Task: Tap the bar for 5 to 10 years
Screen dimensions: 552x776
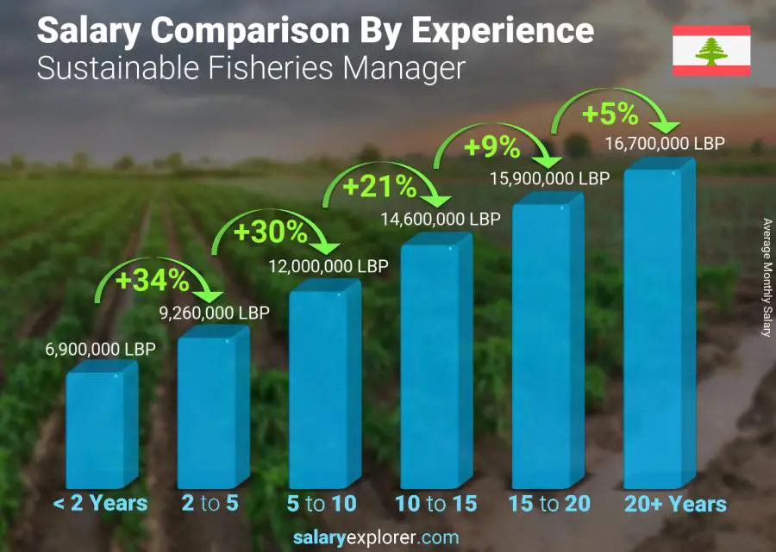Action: (x=323, y=388)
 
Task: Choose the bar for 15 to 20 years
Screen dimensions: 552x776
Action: (x=547, y=344)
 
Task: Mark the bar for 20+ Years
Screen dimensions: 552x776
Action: (x=658, y=327)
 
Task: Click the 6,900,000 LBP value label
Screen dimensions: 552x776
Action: (x=102, y=350)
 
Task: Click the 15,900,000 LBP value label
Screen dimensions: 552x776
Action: (x=550, y=178)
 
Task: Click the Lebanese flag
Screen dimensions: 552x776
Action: (x=711, y=51)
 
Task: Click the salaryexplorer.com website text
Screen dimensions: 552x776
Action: (x=387, y=537)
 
